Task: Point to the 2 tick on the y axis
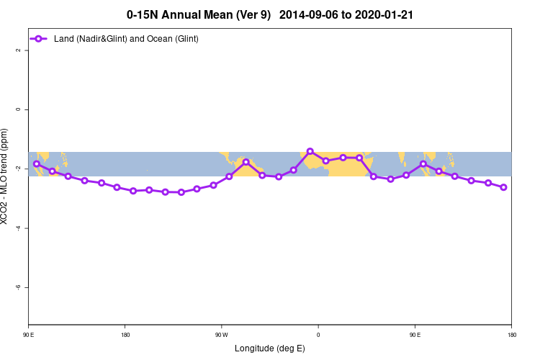pyautogui.click(x=19, y=50)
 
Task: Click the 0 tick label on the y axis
pyautogui.click(x=19, y=109)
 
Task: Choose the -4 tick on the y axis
pyautogui.click(x=19, y=228)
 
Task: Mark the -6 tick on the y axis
pyautogui.click(x=19, y=287)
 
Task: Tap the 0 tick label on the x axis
pyautogui.click(x=318, y=335)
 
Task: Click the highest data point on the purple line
pyautogui.click(x=310, y=151)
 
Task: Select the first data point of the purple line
pyautogui.click(x=37, y=164)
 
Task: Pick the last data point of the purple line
pyautogui.click(x=503, y=187)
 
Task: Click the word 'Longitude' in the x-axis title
pyautogui.click(x=254, y=348)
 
